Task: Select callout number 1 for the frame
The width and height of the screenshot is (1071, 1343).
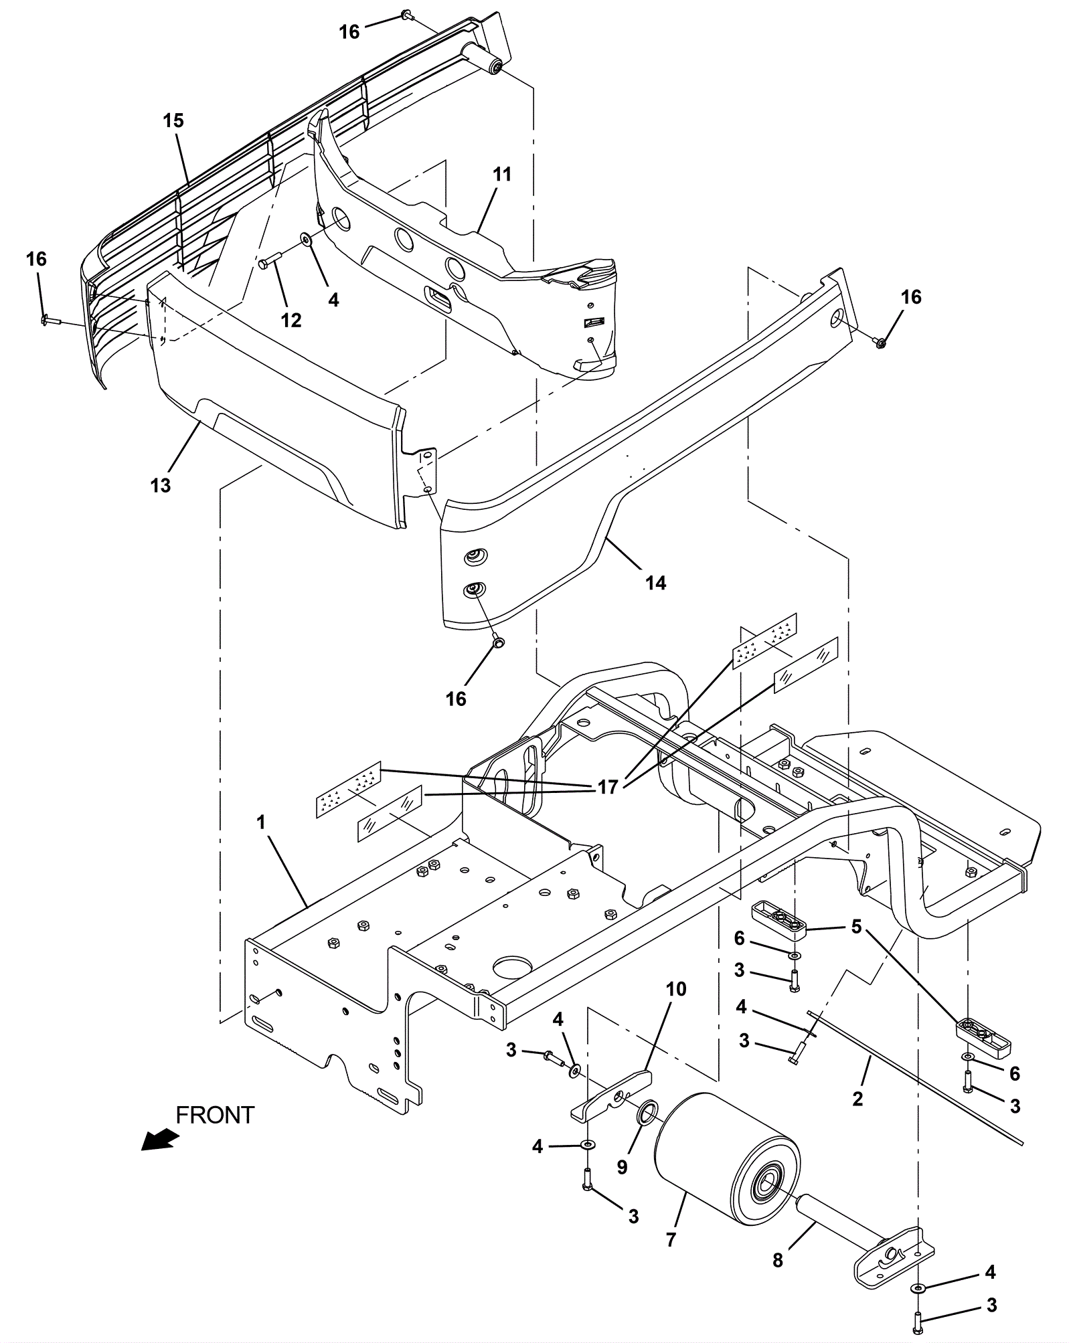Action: pos(261,822)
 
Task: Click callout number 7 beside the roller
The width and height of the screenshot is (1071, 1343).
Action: pos(671,1239)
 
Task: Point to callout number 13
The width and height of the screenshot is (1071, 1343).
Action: pos(161,485)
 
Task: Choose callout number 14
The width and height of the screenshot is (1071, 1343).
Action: pos(656,584)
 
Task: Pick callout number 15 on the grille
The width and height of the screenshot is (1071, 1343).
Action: pos(173,121)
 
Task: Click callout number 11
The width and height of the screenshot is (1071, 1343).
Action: pos(502,175)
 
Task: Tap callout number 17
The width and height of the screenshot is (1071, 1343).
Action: pos(608,788)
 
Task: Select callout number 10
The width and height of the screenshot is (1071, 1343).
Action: pos(676,989)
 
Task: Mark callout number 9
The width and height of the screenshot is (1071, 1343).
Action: pos(623,1168)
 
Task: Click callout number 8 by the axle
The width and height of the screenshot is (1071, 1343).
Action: pos(778,1261)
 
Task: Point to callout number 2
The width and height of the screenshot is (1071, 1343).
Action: pos(857,1098)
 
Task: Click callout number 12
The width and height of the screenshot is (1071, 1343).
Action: pos(291,321)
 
